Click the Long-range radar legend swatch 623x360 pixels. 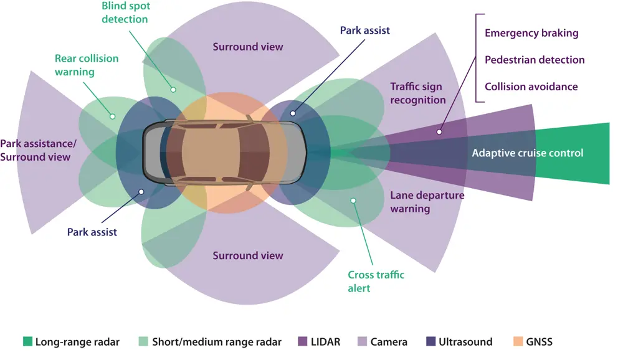27,341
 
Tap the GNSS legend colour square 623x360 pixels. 518,341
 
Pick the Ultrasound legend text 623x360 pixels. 465,342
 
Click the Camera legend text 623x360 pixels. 389,342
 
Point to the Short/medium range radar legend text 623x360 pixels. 217,342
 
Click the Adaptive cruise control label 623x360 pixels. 528,153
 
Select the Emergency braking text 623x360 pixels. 531,33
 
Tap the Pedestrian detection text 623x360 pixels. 535,60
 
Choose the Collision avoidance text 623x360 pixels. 531,87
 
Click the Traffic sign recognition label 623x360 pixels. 418,93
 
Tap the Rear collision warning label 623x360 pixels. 86,65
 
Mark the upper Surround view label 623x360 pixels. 248,47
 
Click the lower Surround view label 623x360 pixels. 248,255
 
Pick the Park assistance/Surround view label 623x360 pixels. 38,150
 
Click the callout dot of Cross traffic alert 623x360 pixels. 353,200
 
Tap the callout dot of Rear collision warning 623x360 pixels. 113,115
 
